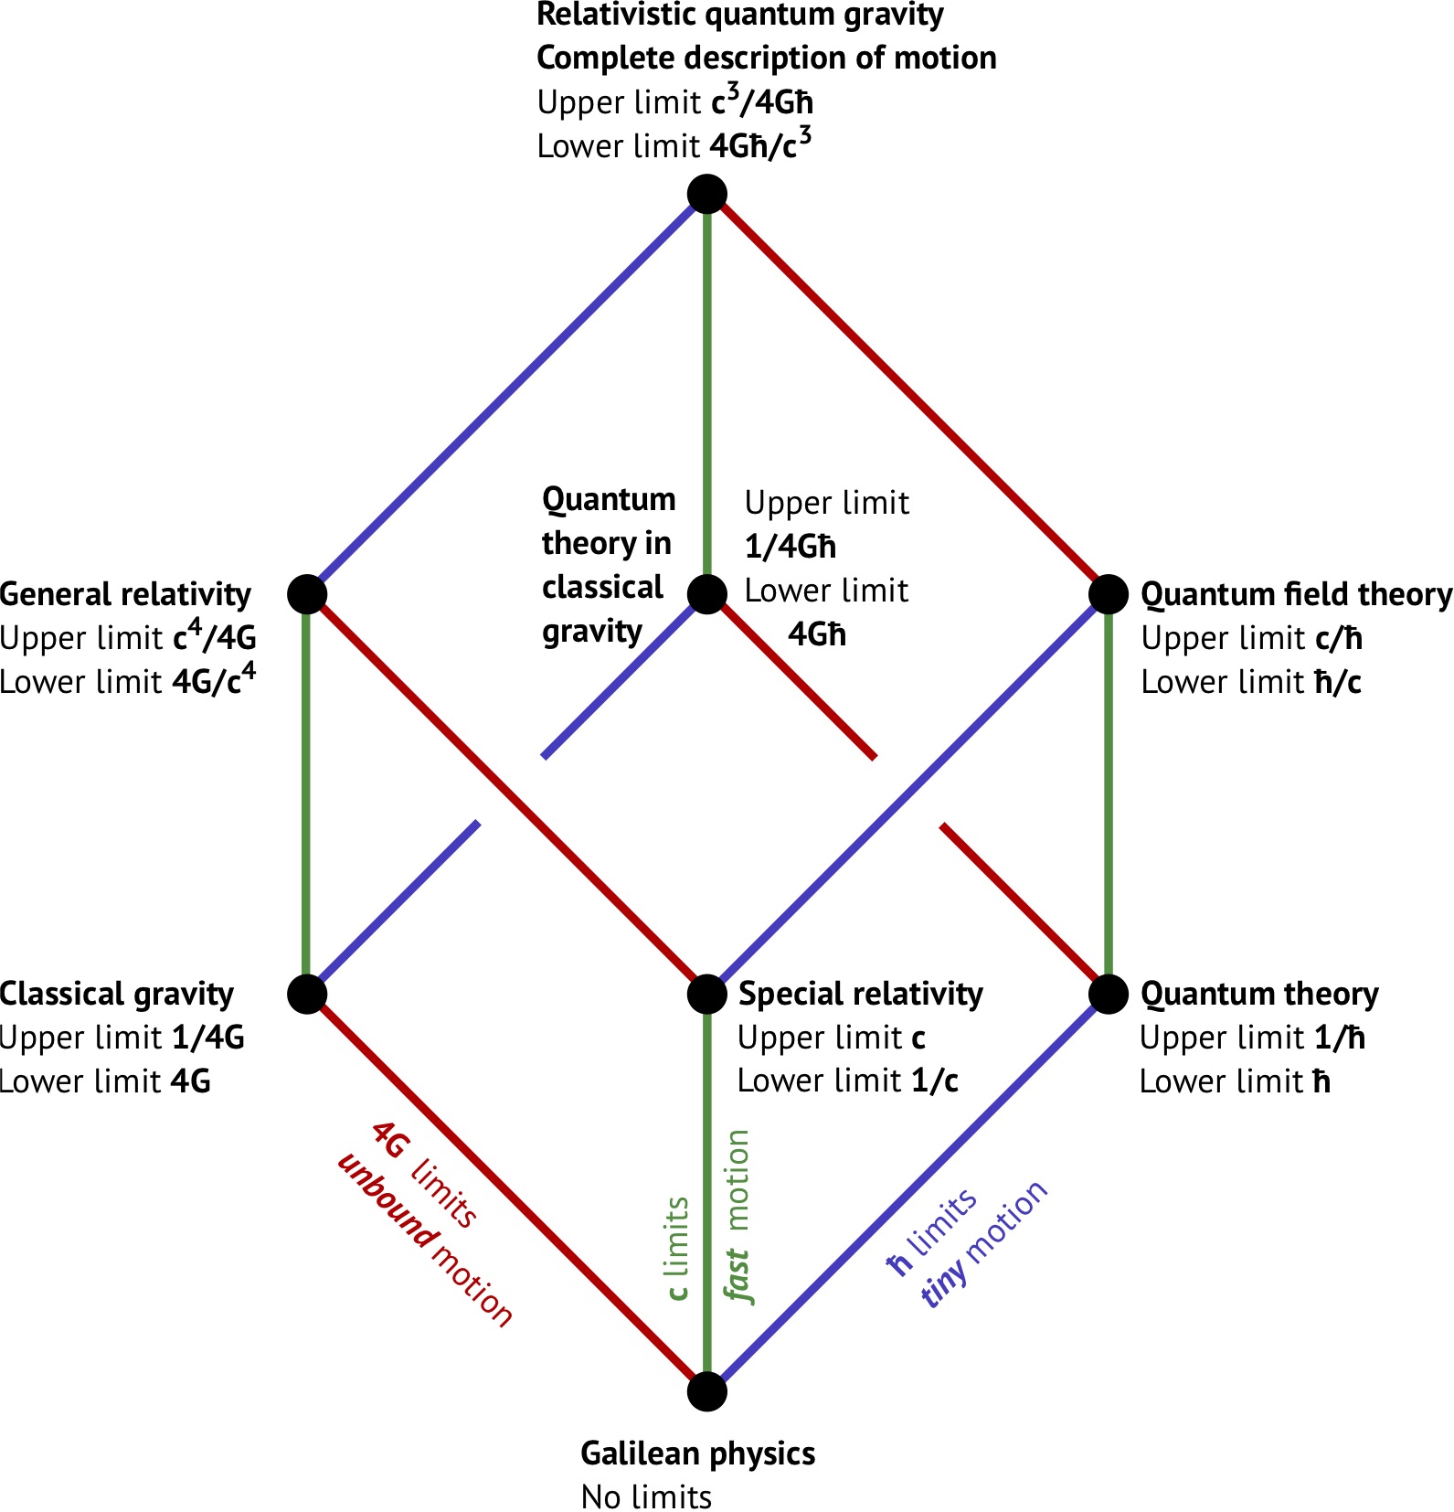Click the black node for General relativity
pos(307,594)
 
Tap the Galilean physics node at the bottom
pos(706,1391)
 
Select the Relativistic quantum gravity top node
pos(706,195)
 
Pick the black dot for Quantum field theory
pos(1108,594)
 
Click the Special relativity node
pos(706,994)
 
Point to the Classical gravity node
pos(307,994)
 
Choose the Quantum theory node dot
pos(1108,994)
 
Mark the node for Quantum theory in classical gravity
pos(706,594)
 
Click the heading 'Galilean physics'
pos(698,1453)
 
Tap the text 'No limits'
pos(646,1497)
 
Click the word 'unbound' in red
pos(387,1201)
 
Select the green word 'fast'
pos(737,1276)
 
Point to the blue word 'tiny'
pos(944,1281)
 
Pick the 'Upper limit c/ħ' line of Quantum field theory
pos(1251,638)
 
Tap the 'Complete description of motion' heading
pos(766,58)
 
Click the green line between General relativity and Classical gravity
pos(307,793)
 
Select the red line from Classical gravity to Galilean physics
pos(507,1193)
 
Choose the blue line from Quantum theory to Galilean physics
pos(907,1193)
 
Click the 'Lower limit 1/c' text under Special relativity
pos(848,1081)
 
